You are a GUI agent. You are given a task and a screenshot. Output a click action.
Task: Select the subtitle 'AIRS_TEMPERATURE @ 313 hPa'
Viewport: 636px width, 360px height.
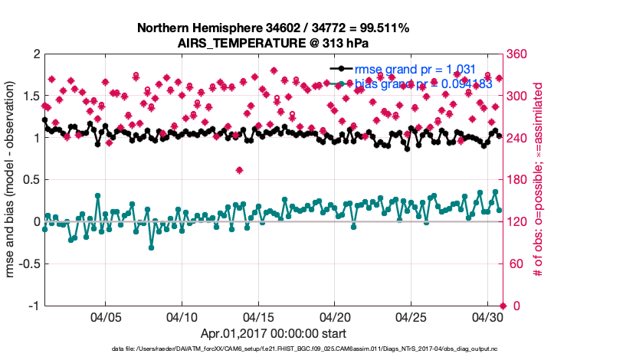[273, 43]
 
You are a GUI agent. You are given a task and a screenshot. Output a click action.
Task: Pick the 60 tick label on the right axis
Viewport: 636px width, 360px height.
[516, 263]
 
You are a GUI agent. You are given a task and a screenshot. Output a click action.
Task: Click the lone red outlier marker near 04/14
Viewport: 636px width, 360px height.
[240, 170]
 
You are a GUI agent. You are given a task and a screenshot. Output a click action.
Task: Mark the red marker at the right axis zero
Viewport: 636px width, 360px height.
[502, 306]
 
